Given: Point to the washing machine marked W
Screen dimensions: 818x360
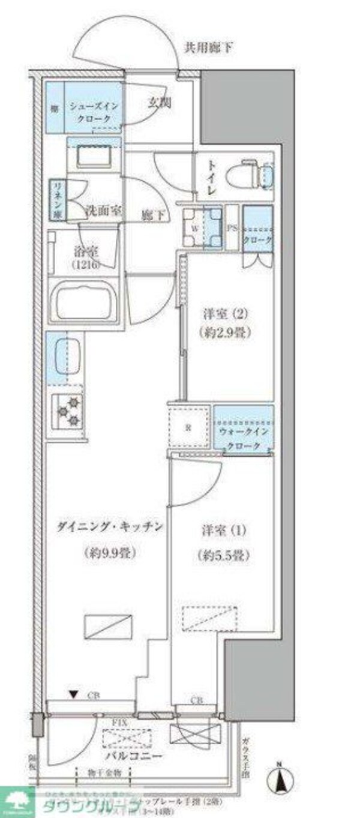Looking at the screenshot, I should [x=201, y=228].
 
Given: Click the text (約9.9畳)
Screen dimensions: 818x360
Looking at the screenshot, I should [x=108, y=553].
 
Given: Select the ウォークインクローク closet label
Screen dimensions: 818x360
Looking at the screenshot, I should [x=244, y=439].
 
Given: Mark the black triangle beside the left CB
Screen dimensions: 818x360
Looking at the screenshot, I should [x=73, y=696].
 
